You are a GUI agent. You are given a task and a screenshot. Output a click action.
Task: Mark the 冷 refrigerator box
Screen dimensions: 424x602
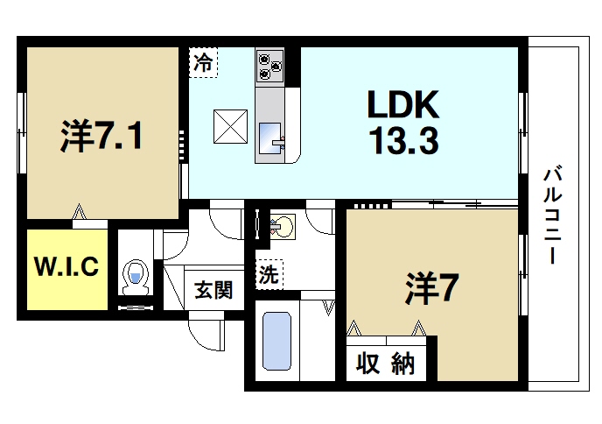[202, 62]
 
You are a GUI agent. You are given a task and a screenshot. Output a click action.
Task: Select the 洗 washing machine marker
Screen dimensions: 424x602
[268, 274]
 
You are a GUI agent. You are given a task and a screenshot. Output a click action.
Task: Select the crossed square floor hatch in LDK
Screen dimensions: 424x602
[231, 125]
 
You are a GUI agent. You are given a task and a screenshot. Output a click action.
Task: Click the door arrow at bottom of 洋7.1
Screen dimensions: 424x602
[80, 211]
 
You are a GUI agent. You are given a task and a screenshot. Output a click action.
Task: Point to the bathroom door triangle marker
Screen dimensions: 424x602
[330, 307]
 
